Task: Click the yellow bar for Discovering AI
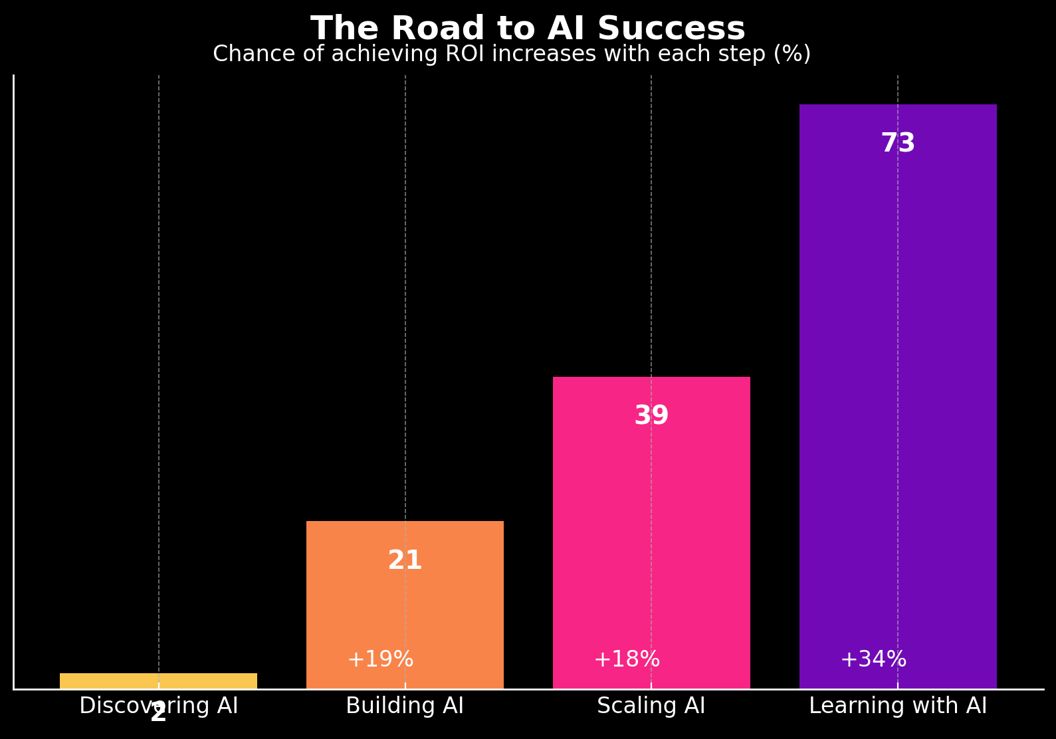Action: [x=158, y=681]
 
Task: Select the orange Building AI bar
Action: [x=405, y=605]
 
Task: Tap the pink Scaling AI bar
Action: [x=651, y=532]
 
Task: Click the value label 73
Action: [x=898, y=144]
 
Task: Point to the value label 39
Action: [x=651, y=416]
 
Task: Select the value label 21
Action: [x=405, y=561]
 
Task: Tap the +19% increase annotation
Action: [x=380, y=659]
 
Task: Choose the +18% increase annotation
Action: [x=627, y=659]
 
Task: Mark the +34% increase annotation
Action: [x=873, y=659]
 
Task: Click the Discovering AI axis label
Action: [x=158, y=705]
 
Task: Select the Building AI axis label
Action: [x=405, y=705]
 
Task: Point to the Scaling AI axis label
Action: [x=651, y=705]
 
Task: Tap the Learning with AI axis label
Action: [x=898, y=705]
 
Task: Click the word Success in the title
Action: [x=671, y=29]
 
